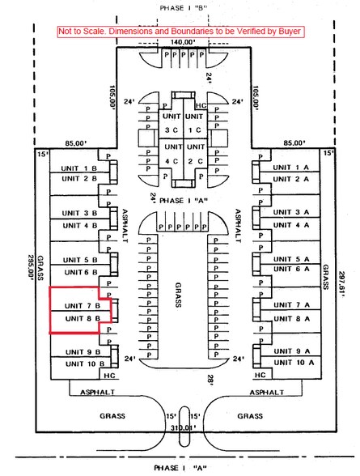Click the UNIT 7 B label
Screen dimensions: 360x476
pos(83,305)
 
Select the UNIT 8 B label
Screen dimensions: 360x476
pos(83,318)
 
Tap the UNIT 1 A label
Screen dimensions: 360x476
pos(290,168)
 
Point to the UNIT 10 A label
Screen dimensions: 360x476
pos(294,363)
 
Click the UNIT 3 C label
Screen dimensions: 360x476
pos(172,123)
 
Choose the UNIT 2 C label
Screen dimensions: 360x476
pos(196,154)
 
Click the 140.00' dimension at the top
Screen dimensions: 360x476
pos(182,42)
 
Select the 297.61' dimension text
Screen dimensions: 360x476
pos(342,284)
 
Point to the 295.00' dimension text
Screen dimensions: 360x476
pos(31,269)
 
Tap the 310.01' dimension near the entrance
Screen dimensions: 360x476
pos(183,427)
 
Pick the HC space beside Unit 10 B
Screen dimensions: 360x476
pos(109,376)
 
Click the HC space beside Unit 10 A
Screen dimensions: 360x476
pos(260,375)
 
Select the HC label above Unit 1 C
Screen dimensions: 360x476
pos(201,105)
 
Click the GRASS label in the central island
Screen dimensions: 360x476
pos(178,295)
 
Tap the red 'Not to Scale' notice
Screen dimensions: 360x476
pos(181,32)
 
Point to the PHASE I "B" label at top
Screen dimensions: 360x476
pos(183,8)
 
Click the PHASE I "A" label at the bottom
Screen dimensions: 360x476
pos(180,468)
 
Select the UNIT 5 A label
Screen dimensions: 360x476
pos(291,259)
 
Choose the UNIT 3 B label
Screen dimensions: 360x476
pos(79,213)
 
